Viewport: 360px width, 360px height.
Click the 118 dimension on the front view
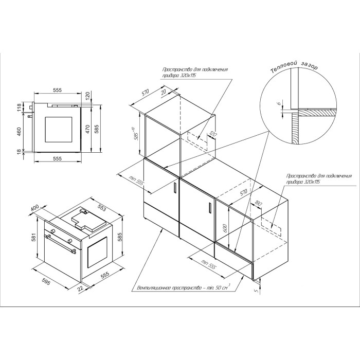click(x=19, y=107)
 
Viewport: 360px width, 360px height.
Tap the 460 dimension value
click(x=19, y=132)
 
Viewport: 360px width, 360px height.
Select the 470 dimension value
click(x=87, y=129)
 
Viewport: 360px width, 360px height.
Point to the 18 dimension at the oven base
click(x=19, y=151)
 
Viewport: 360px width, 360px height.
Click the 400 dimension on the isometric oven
click(x=35, y=208)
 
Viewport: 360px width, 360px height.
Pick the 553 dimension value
click(x=102, y=208)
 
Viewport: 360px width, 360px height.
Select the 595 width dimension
click(x=46, y=281)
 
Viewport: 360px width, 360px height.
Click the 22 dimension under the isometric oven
click(x=80, y=289)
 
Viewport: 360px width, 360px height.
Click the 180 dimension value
click(x=259, y=204)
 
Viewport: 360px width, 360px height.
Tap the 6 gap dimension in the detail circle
click(x=279, y=103)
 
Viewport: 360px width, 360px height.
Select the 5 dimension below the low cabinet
click(x=257, y=290)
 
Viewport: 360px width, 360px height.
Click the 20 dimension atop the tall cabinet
click(x=164, y=92)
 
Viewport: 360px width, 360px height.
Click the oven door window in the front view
click(x=59, y=129)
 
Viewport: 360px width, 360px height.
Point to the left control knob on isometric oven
click(x=53, y=230)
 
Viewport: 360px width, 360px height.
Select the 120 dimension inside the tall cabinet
click(x=213, y=134)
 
